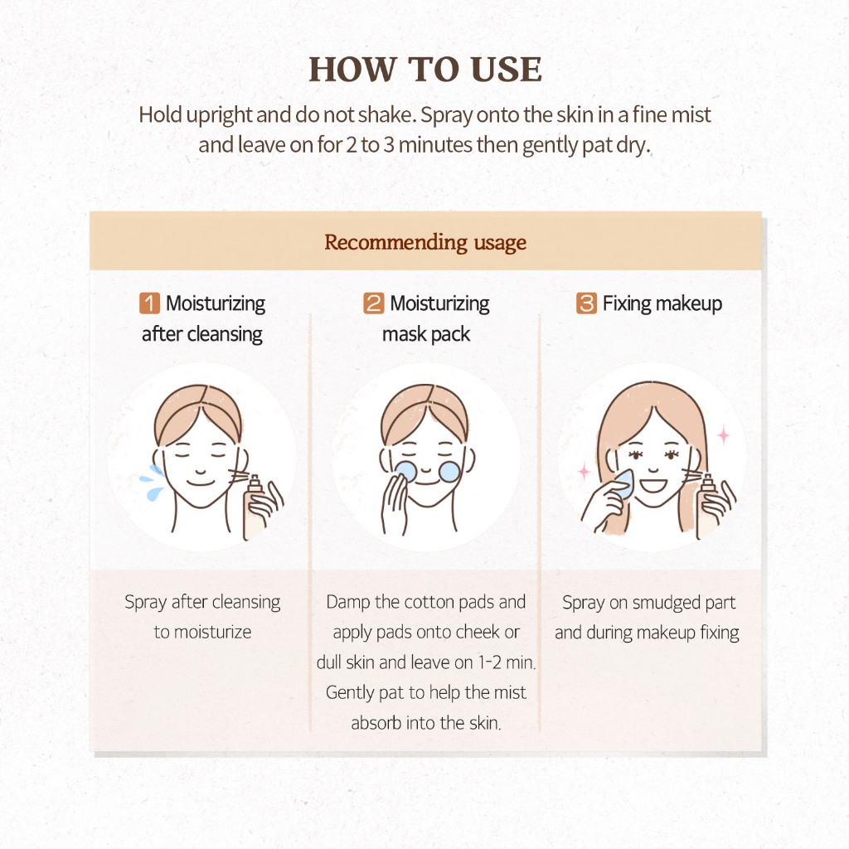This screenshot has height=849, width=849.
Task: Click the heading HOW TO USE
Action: [425, 70]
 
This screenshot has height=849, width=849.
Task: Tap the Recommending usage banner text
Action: [425, 242]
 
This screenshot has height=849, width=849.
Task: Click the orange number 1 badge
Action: [149, 303]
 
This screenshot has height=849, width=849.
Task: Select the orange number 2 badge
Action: [374, 303]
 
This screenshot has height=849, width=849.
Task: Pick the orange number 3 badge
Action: [586, 303]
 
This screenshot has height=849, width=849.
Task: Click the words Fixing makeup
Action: [662, 303]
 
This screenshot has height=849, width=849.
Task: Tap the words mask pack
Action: [426, 335]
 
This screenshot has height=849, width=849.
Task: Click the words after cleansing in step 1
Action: [202, 335]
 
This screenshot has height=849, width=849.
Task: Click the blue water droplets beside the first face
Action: [153, 483]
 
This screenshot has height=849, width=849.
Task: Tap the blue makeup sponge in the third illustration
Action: [623, 484]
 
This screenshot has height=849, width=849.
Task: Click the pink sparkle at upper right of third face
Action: [723, 434]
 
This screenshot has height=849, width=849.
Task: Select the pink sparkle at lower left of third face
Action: [584, 472]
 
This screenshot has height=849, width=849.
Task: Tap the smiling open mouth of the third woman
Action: [653, 484]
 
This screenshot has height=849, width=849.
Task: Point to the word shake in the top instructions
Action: [387, 114]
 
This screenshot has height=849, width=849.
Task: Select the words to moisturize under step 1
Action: [202, 632]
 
